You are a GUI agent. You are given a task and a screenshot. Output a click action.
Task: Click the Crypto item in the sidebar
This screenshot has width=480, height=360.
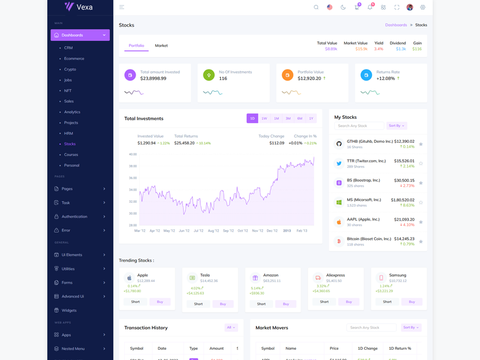70,70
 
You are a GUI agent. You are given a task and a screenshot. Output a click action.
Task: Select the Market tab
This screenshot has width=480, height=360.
161,46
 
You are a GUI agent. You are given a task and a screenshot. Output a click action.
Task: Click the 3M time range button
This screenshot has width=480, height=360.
288,118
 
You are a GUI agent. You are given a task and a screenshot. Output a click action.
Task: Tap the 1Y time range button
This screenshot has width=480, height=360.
311,118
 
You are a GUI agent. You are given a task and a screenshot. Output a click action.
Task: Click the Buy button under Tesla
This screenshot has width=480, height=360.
223,304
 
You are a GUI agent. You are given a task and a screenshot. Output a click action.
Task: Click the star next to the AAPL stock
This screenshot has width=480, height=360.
421,222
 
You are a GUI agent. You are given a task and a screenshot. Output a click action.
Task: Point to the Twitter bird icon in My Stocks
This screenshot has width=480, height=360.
339,163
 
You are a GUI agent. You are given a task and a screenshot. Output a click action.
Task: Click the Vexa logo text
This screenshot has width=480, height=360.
85,7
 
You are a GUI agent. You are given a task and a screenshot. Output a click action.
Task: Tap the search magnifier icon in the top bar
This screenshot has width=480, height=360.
316,7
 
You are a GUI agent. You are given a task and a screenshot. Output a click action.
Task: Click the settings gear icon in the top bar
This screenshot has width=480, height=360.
422,7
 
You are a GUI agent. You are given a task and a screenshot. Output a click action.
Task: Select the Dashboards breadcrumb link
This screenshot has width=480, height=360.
396,25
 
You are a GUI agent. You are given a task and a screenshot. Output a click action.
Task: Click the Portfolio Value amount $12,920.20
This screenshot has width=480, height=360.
309,79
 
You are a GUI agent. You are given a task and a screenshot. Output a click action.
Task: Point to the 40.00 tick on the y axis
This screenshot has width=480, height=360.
133,154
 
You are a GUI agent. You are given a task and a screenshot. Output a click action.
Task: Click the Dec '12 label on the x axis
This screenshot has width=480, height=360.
272,230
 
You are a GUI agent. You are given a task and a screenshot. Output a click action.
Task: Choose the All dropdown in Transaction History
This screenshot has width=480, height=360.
231,328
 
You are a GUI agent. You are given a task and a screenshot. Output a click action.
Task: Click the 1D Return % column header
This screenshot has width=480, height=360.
400,348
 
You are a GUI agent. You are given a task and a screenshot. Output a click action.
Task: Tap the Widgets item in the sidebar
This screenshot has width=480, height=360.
69,310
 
